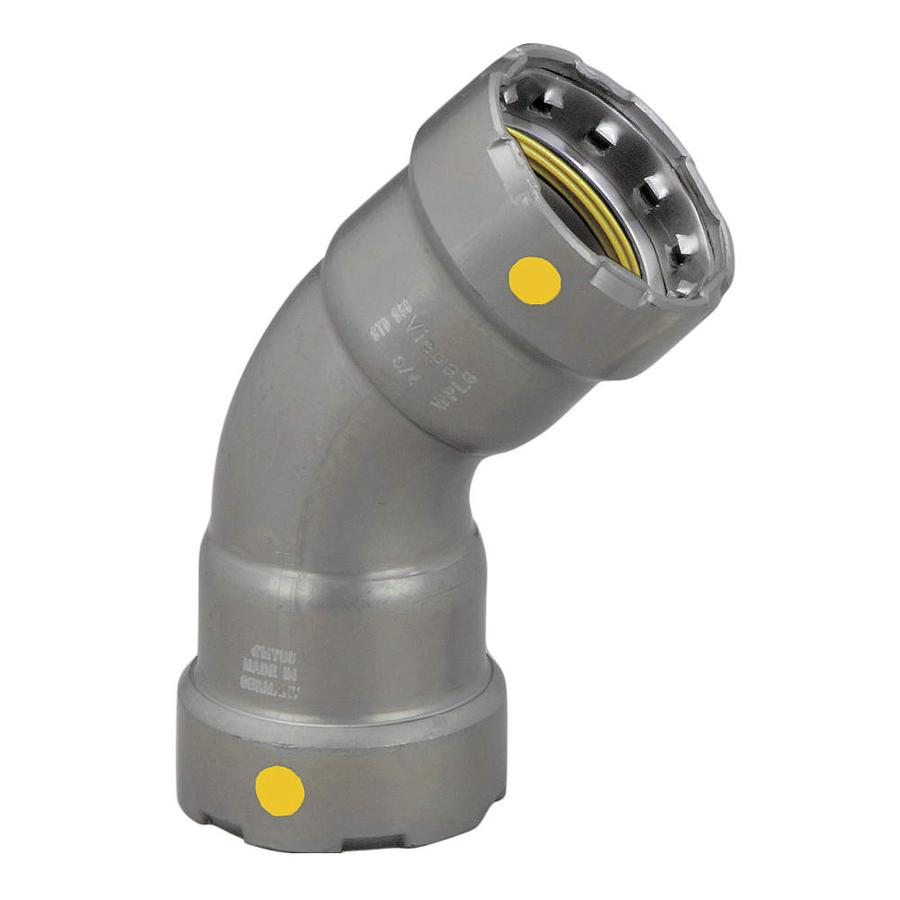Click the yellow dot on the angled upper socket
(535, 280)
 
